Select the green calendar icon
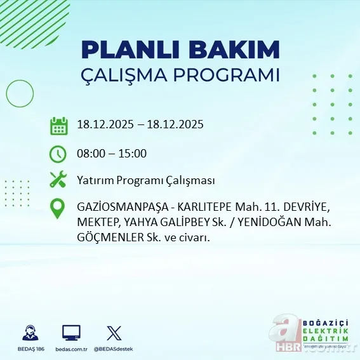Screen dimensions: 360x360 (59, 125)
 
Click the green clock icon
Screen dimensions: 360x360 (58, 154)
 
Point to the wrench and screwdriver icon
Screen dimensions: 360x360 (58, 180)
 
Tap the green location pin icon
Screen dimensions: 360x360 (58, 209)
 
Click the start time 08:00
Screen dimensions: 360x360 (90, 154)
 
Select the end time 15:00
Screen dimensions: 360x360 (133, 154)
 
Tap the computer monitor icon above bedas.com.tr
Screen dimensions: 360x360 (71, 333)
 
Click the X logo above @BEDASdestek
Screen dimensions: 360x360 (114, 333)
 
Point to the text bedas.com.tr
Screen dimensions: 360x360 (71, 349)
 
